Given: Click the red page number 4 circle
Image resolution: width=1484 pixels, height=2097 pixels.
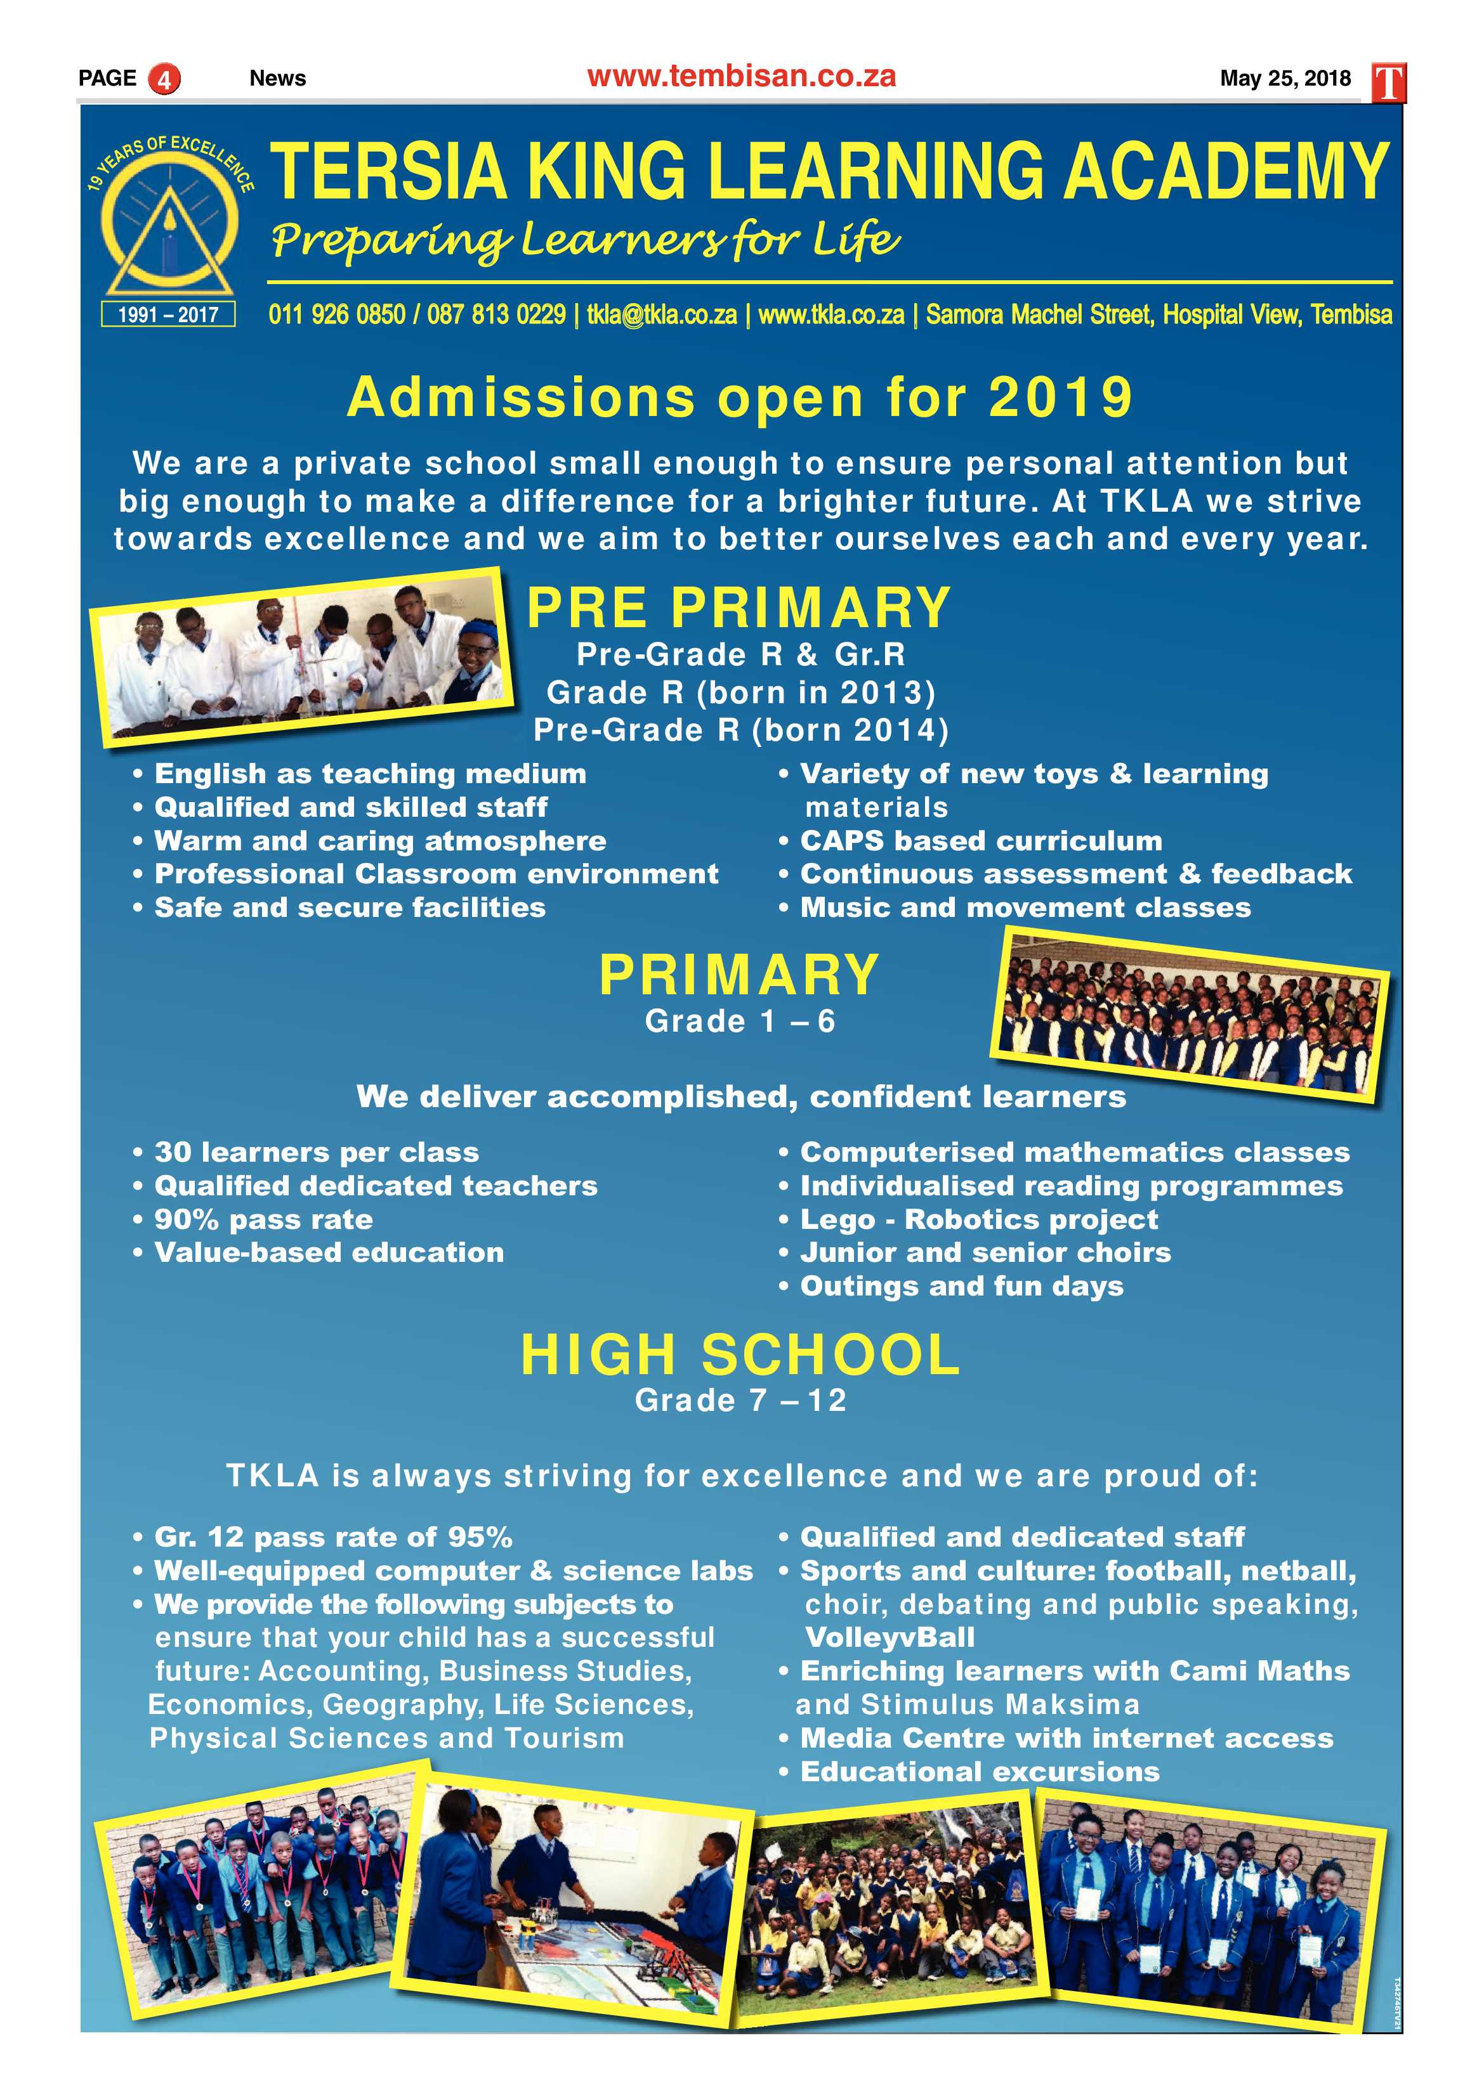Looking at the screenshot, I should click(x=164, y=79).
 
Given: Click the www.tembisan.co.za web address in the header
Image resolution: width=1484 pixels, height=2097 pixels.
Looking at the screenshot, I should click(x=741, y=77).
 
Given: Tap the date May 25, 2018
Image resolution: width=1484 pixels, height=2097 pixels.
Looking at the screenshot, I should click(x=1285, y=79).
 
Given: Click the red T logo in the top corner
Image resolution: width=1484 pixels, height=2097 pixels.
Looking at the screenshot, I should click(x=1388, y=83).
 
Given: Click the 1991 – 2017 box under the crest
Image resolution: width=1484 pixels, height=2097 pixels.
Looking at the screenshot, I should click(x=168, y=314).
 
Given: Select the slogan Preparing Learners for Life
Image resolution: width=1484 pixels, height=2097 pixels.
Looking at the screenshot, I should click(x=585, y=241).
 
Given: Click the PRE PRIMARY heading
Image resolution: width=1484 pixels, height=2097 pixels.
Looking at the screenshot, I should click(x=739, y=608).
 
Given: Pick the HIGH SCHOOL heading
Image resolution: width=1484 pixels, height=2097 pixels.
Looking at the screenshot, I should click(x=740, y=1354).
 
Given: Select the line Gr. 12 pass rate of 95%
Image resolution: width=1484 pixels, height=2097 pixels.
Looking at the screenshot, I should click(x=332, y=1537).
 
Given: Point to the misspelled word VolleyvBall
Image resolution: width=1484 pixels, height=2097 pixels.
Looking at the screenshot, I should click(x=889, y=1638).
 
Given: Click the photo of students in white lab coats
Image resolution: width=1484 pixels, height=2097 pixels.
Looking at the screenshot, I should click(x=301, y=658).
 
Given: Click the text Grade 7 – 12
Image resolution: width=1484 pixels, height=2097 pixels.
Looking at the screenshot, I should click(x=740, y=1400).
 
